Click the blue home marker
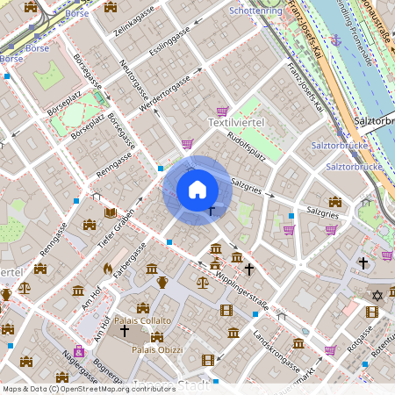click(x=197, y=190)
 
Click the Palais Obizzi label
click(x=157, y=349)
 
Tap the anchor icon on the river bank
click(x=334, y=39)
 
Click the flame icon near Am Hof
click(x=107, y=269)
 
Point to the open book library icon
click(x=110, y=212)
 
